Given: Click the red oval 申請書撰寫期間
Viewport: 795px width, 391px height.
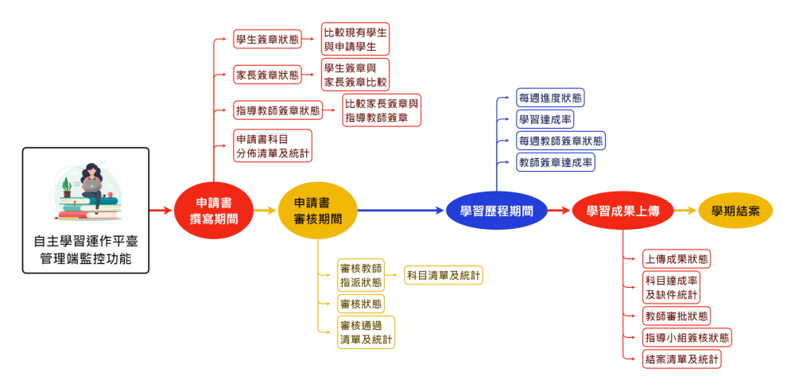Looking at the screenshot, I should [x=214, y=211].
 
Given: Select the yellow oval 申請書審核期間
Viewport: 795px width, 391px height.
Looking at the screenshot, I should [x=317, y=211].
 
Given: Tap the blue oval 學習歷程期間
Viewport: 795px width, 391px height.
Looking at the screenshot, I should [x=496, y=211].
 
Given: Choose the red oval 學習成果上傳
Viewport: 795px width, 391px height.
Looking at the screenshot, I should [x=622, y=211].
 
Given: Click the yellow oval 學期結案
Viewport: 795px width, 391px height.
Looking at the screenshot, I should [x=735, y=211].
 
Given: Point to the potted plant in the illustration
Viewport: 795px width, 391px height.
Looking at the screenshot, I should [x=67, y=188].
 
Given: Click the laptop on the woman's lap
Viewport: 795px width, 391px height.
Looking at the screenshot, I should [x=93, y=186].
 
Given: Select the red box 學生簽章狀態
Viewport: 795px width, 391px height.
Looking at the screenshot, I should [x=267, y=38].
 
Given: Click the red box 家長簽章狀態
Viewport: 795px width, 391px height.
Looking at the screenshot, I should [x=267, y=75].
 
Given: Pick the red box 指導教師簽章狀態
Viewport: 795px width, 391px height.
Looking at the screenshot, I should [x=278, y=110].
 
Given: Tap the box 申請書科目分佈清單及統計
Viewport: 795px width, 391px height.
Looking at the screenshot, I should [x=273, y=145].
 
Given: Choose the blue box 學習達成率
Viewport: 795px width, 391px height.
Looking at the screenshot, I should [x=545, y=119].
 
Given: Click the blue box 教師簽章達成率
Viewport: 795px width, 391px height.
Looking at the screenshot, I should [x=555, y=162].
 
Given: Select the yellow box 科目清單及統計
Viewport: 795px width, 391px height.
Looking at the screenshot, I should [x=443, y=275].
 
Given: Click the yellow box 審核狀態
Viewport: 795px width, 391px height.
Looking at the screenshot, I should [x=360, y=304].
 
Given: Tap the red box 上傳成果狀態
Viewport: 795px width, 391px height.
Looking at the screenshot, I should [x=677, y=259].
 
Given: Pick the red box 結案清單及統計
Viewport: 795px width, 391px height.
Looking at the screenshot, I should [x=681, y=359].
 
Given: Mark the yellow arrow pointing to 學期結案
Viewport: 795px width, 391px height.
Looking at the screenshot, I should [x=686, y=211].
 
